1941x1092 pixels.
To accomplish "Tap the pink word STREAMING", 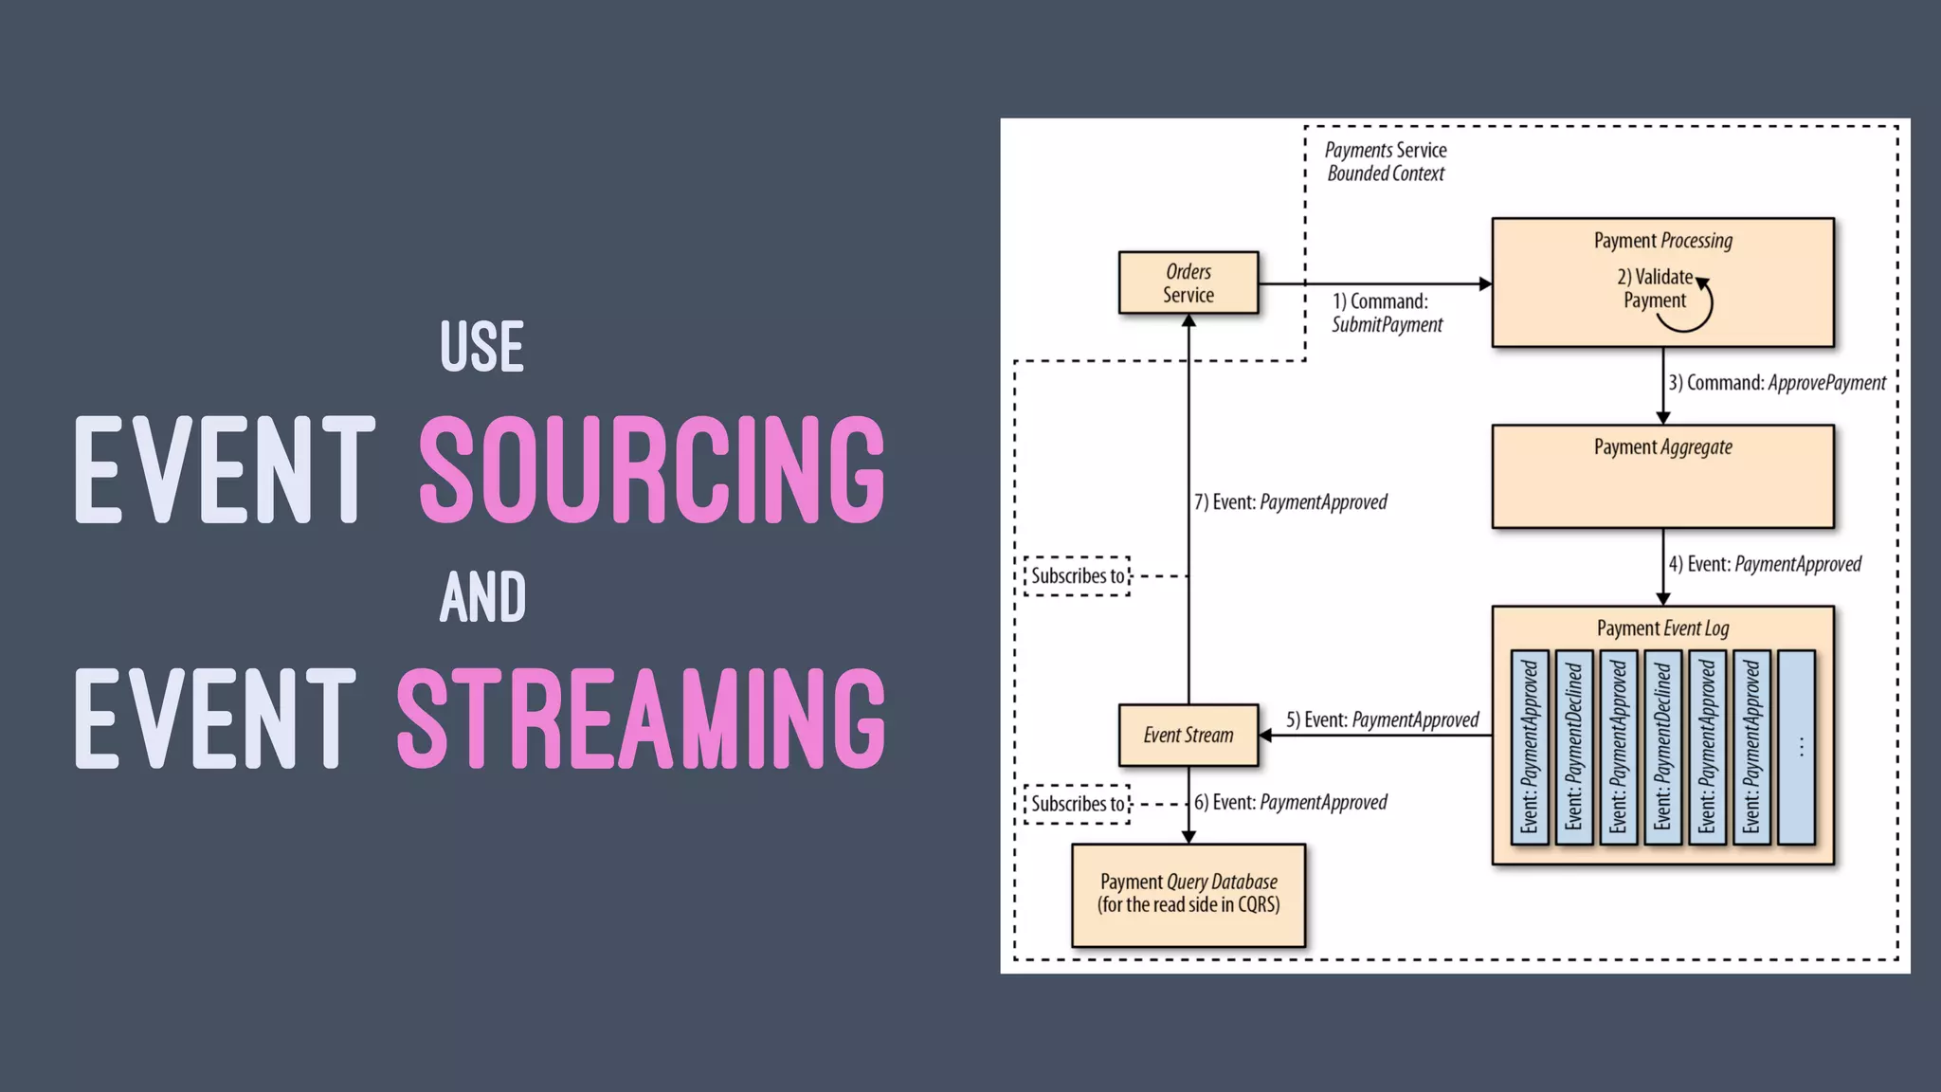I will [641, 719].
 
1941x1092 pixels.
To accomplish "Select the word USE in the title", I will [481, 347].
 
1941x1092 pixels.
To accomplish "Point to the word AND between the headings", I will [482, 597].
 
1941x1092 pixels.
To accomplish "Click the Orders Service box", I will [1188, 282].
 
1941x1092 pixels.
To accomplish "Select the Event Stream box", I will [1188, 735].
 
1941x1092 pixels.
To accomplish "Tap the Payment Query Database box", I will [1188, 894].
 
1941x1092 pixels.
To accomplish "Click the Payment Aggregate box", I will [1662, 476].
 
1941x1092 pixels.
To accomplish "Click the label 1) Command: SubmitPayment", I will [1386, 313].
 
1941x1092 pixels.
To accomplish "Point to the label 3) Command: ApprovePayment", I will [1777, 383].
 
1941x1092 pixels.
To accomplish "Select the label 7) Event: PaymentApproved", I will [1290, 502].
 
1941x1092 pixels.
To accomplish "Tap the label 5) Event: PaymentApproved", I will [1382, 720].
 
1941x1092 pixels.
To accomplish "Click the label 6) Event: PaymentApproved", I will [1290, 803].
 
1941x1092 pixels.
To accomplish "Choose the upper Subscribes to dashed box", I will [1077, 576].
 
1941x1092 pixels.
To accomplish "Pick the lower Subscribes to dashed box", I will [1077, 804].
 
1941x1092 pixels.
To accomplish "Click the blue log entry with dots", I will [1796, 747].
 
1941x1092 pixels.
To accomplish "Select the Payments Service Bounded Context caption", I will [1385, 162].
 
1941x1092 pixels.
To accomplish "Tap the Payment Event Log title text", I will [1662, 628].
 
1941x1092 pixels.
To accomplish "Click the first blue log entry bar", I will [1529, 747].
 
